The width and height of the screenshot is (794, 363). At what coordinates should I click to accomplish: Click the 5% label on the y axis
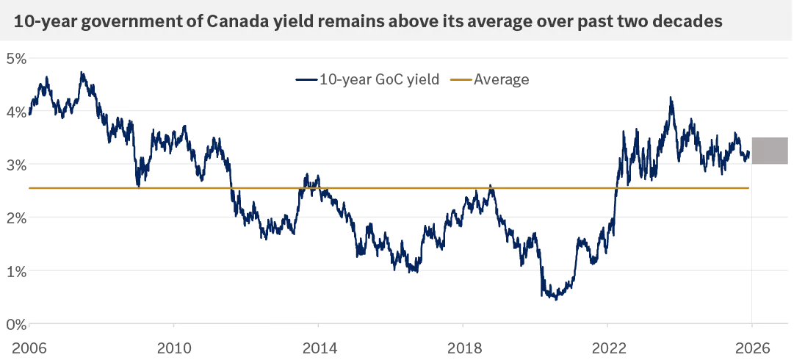click(x=16, y=58)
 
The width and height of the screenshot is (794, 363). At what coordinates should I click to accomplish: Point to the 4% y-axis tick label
click(x=16, y=112)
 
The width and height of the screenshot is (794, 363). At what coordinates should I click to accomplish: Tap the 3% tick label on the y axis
click(x=16, y=165)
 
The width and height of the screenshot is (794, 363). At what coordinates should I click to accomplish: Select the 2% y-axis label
click(x=16, y=218)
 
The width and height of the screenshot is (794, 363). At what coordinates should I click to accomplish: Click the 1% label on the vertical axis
click(x=16, y=271)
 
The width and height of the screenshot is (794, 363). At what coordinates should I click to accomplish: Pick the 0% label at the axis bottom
click(x=16, y=324)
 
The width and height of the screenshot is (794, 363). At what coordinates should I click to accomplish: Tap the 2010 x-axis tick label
click(x=173, y=345)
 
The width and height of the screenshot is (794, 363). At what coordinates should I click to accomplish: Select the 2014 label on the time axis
click(x=318, y=345)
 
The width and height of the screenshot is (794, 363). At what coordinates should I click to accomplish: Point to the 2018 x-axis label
click(x=463, y=345)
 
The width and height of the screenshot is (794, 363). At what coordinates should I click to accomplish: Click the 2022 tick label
click(x=607, y=345)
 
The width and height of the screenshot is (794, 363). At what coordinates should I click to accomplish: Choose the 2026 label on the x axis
click(x=752, y=345)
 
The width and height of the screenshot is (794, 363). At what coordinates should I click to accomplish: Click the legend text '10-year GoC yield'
click(x=379, y=79)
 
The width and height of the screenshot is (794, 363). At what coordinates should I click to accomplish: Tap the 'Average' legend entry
click(x=501, y=79)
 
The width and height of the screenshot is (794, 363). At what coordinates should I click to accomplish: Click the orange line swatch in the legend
click(x=461, y=79)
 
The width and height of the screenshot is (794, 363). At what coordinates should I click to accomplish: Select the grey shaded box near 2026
click(x=769, y=151)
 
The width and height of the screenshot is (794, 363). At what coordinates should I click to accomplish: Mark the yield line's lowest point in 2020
click(x=556, y=299)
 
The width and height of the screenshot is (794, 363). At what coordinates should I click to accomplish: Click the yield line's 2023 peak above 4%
click(x=670, y=97)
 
